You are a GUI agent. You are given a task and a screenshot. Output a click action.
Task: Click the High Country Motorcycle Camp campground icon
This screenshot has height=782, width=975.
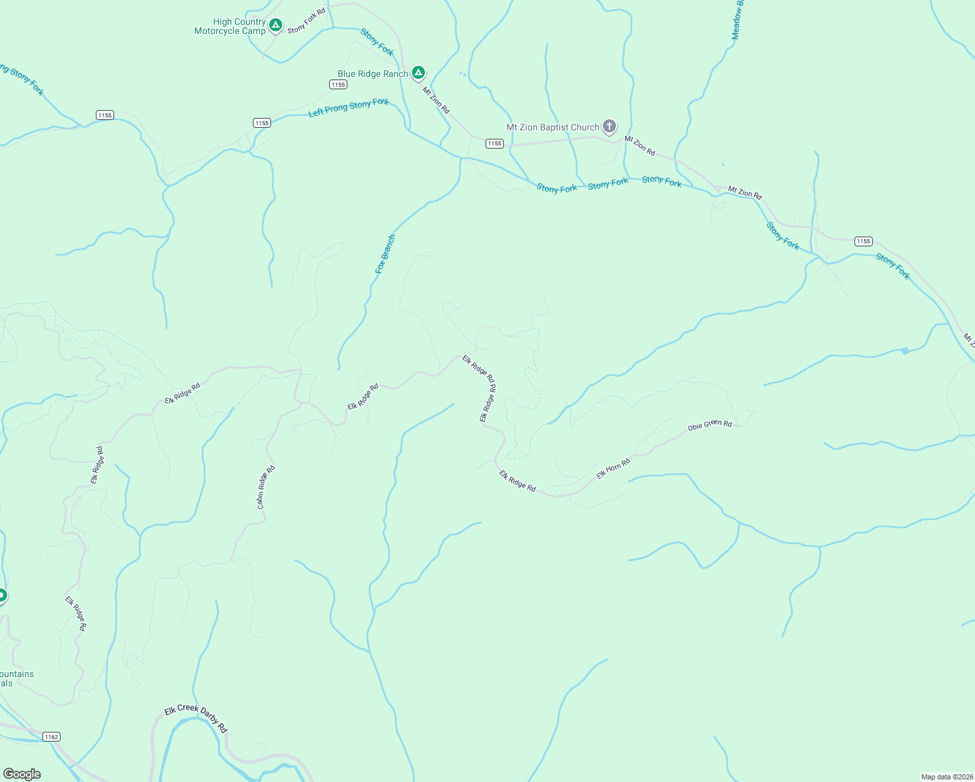276,25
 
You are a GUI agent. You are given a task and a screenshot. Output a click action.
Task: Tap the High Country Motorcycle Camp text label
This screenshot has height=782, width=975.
230,27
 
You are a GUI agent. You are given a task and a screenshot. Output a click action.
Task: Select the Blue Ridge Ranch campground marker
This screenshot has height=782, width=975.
418,72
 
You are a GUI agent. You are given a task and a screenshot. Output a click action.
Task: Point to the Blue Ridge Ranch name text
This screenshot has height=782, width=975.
372,74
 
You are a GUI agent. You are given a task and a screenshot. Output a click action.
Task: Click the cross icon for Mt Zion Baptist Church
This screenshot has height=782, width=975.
609,126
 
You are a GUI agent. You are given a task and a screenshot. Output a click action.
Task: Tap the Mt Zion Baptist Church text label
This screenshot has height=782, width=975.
553,128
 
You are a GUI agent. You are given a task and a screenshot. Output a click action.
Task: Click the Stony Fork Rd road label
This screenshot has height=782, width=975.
306,21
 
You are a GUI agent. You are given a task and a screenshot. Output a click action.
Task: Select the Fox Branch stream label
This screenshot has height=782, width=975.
385,254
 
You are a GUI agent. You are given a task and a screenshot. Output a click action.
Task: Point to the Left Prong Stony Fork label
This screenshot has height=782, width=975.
349,108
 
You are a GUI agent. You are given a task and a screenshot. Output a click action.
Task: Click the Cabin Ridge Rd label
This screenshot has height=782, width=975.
266,487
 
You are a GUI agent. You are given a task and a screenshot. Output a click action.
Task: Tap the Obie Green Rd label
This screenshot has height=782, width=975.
710,425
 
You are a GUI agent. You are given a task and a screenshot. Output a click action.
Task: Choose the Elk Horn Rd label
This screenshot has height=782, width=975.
613,469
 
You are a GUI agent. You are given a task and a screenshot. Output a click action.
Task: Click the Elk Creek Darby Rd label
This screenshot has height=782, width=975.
196,718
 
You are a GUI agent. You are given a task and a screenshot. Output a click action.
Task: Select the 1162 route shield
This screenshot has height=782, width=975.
51,737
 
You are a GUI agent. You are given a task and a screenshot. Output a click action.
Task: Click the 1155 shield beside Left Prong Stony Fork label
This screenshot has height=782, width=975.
262,123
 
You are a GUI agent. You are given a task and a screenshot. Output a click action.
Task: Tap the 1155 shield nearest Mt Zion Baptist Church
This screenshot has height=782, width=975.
495,143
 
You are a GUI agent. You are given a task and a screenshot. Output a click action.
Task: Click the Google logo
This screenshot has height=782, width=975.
22,774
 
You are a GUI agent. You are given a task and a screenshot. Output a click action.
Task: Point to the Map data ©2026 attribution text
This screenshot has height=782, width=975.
946,777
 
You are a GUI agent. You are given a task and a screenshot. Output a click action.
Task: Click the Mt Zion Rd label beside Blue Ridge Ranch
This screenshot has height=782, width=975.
436,100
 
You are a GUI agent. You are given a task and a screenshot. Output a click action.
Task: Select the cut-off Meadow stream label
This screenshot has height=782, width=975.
737,20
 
